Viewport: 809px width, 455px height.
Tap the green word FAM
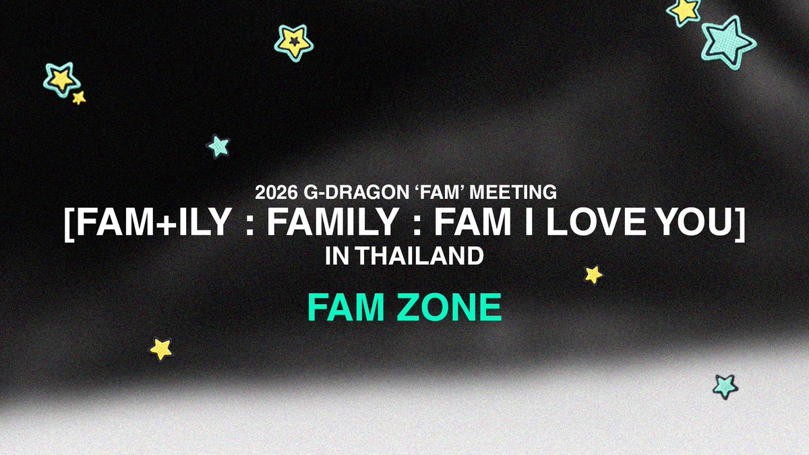pos(344,308)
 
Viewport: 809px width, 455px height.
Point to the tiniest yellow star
pos(79,98)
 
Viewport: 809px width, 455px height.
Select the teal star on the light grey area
pos(725,386)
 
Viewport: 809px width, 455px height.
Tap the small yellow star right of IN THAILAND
pos(593,274)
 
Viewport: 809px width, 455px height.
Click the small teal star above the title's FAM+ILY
pos(218,146)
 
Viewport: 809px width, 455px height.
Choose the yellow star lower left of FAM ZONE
pos(161,348)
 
